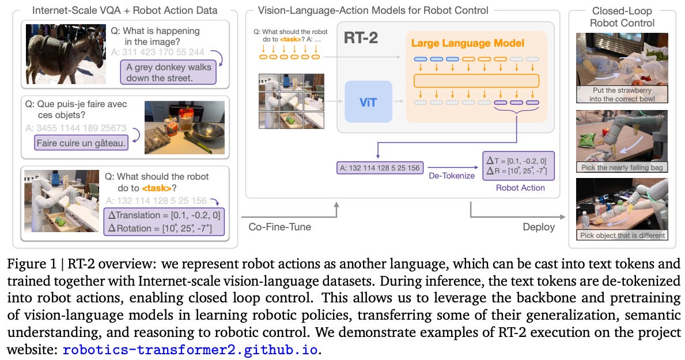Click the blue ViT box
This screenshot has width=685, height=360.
(x=368, y=101)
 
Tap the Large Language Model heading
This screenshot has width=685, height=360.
(x=467, y=43)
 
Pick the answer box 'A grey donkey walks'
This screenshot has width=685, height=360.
(x=168, y=72)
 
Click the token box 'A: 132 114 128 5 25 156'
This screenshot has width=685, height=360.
(x=380, y=168)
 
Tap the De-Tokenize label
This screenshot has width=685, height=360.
(x=451, y=175)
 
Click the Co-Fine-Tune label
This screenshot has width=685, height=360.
(x=279, y=227)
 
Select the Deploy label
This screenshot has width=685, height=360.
(x=539, y=227)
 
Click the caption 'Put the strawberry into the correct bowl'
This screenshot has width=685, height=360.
(x=623, y=94)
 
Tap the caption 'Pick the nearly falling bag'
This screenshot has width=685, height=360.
(x=623, y=167)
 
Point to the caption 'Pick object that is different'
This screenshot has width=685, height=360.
(x=623, y=235)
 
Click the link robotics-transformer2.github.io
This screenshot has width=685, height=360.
(x=190, y=350)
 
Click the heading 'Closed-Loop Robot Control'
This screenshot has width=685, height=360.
(x=623, y=17)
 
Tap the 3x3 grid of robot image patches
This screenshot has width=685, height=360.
(x=292, y=101)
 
